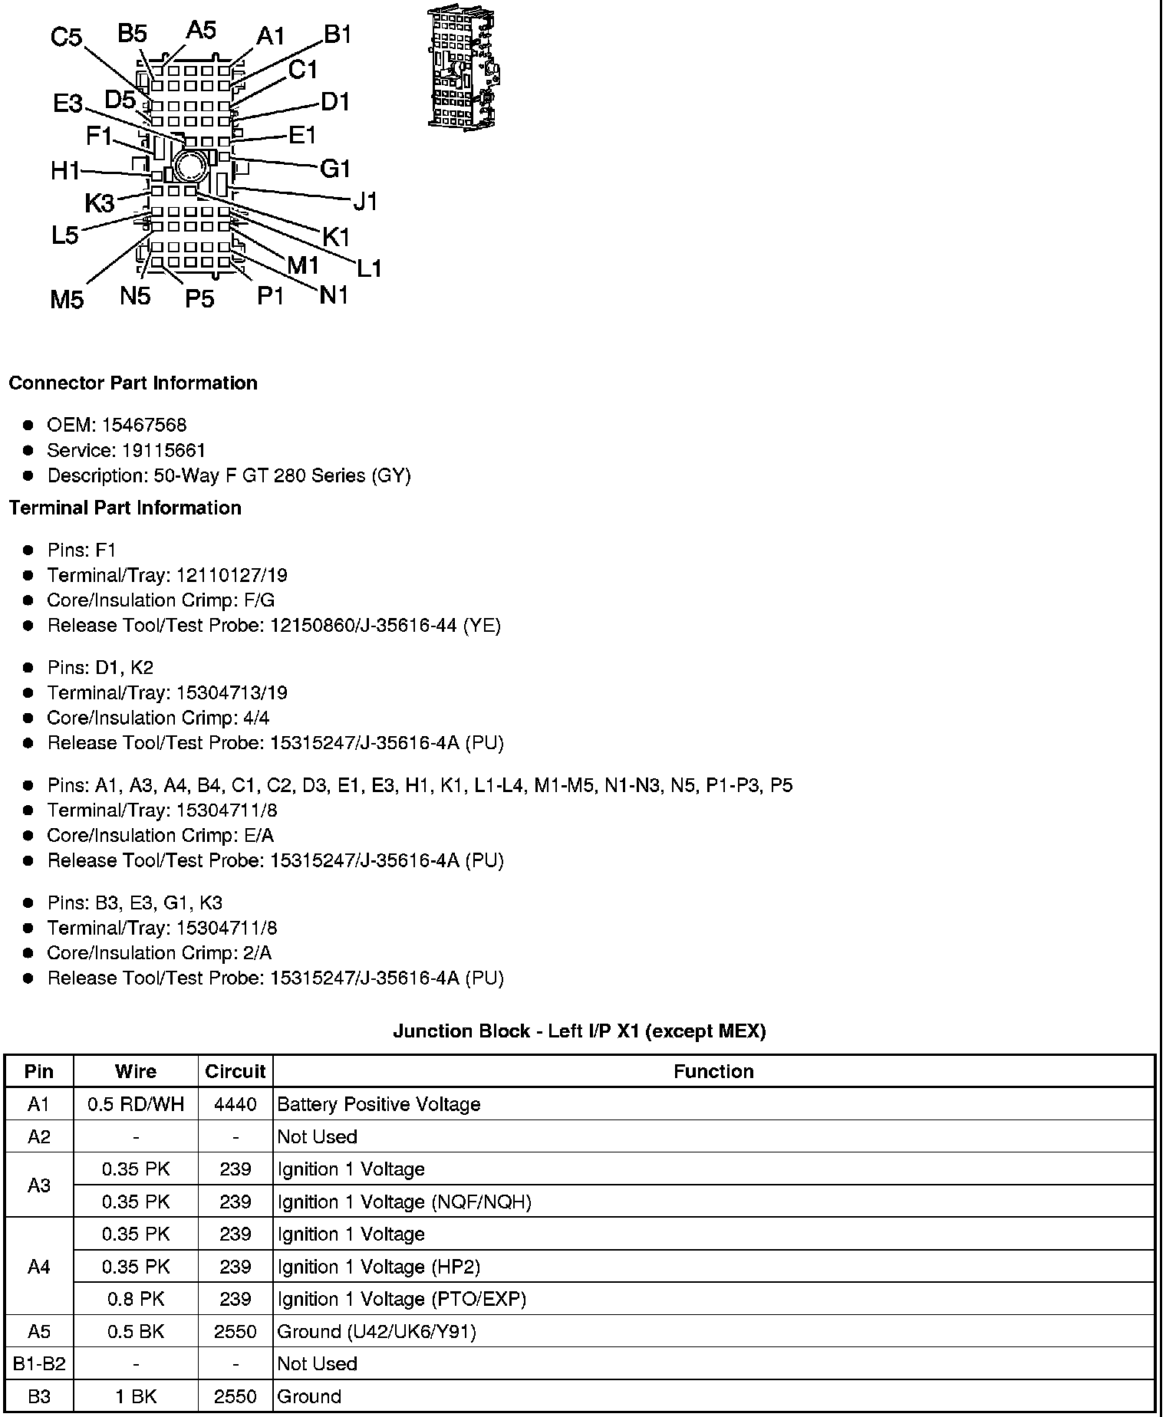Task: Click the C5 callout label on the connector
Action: (x=66, y=37)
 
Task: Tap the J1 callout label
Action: (x=366, y=202)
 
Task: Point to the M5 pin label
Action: (x=66, y=299)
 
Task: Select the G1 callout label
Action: (x=334, y=168)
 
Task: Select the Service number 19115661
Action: (x=163, y=450)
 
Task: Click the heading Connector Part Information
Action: (x=133, y=383)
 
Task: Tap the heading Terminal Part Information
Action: (x=125, y=508)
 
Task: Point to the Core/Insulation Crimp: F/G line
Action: (x=160, y=600)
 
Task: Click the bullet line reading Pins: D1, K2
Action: (x=100, y=667)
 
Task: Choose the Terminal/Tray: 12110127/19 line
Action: (x=166, y=575)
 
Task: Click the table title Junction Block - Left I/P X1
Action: (x=579, y=1031)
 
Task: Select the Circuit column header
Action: (x=235, y=1071)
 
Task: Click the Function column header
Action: (x=713, y=1071)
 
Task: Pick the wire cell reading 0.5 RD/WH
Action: (x=136, y=1104)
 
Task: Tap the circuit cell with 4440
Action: (x=235, y=1104)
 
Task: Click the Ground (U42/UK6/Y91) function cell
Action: (x=377, y=1332)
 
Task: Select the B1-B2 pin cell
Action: (x=39, y=1364)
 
